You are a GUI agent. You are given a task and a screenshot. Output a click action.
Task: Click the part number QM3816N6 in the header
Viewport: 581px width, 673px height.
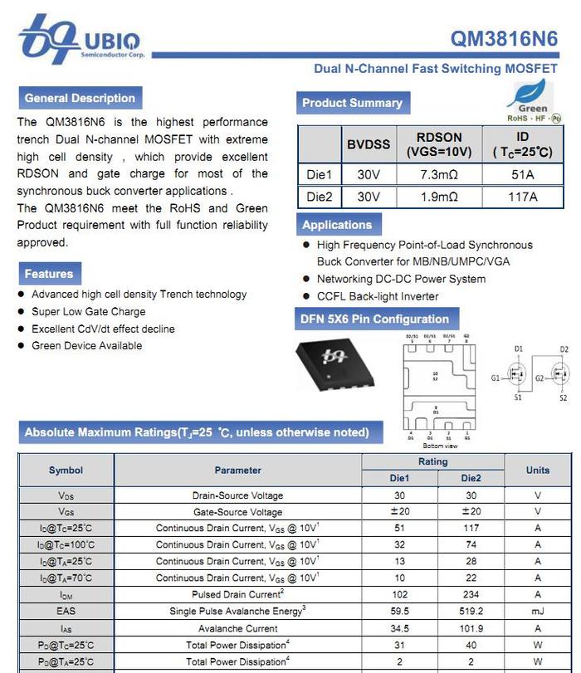pos(504,39)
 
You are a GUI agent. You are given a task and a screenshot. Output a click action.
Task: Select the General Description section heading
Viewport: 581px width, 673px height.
pos(80,98)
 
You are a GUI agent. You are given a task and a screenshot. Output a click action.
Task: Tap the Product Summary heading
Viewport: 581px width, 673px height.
pos(352,103)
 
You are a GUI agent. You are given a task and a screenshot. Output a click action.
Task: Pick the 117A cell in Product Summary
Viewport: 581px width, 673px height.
pos(522,197)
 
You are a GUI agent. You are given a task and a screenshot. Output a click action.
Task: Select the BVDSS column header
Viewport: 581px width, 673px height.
pos(368,144)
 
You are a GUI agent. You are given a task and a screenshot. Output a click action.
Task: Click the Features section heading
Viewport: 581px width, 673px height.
pos(48,274)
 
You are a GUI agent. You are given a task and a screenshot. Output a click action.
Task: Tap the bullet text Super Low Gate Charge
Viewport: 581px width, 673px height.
pos(88,312)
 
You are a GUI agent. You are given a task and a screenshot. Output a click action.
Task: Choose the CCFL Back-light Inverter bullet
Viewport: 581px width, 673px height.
pos(378,296)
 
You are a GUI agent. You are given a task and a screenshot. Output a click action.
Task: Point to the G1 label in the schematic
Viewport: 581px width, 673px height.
pos(496,378)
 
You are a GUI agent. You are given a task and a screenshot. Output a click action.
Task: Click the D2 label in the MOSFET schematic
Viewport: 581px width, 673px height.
pos(564,349)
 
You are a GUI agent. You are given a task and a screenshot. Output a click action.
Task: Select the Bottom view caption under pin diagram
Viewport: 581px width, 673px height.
pos(440,446)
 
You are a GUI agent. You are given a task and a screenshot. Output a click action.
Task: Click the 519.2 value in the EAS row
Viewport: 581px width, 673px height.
pos(470,612)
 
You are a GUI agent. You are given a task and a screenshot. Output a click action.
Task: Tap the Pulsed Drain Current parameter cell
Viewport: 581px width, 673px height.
pos(237,595)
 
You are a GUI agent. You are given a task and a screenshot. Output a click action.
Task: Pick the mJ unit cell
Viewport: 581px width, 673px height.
pos(537,612)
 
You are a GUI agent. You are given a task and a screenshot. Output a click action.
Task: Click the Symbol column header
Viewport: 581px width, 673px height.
pos(66,470)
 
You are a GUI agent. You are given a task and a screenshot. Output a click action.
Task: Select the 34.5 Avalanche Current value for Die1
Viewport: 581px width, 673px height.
pos(399,628)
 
